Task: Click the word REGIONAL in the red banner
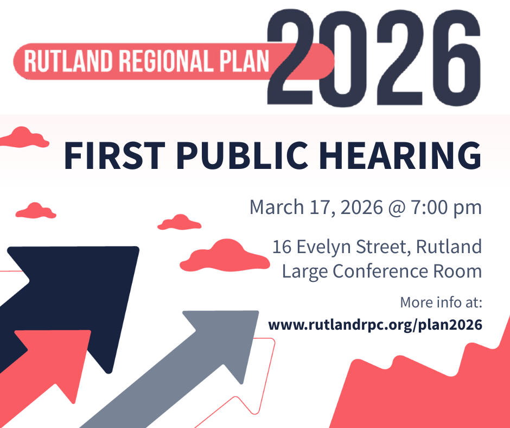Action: point(166,61)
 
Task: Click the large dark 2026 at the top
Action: point(374,58)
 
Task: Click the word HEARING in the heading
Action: point(400,156)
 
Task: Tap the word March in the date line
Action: point(277,207)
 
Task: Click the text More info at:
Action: point(441,303)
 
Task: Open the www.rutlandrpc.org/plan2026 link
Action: point(375,325)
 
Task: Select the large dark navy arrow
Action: point(70,310)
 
